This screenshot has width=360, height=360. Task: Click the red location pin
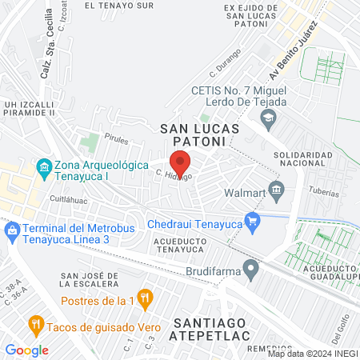(180, 162)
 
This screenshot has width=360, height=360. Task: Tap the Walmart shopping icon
(277, 190)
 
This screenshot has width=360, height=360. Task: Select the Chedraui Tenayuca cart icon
(253, 222)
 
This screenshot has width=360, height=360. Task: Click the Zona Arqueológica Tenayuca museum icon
(43, 166)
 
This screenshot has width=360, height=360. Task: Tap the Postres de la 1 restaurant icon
(145, 300)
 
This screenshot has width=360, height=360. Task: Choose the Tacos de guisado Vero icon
(35, 325)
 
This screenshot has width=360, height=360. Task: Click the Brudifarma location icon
(252, 268)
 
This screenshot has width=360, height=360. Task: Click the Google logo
(26, 350)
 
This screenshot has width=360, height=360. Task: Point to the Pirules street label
(115, 139)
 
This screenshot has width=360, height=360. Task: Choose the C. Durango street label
(226, 62)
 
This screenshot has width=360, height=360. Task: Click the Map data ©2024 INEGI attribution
(312, 354)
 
